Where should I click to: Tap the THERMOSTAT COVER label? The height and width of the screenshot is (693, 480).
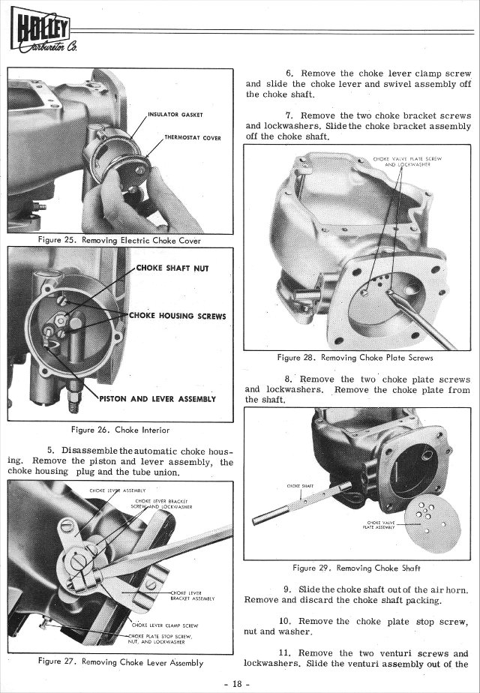[192, 139]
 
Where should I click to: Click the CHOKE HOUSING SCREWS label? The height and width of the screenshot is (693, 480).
[178, 316]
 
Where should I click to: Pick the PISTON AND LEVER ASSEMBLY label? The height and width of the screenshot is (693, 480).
[157, 398]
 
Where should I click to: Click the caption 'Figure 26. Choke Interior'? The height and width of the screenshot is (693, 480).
[119, 430]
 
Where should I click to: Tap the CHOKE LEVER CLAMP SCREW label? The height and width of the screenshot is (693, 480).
[165, 625]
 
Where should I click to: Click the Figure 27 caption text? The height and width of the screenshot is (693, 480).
[120, 662]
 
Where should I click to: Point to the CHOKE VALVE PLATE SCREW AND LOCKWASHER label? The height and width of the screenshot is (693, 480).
[406, 162]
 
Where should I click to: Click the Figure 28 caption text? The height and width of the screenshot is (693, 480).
[355, 358]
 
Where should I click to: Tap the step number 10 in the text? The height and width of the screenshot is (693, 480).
[285, 621]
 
